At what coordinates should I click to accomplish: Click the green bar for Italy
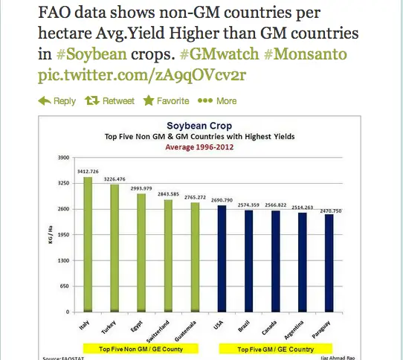88,245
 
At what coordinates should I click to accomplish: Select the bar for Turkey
115,248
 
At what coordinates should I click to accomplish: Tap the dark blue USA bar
222,259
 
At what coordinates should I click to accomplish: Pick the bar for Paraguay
329,263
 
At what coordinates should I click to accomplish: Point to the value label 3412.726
88,172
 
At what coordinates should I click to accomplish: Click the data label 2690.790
222,200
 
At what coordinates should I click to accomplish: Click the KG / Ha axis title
51,234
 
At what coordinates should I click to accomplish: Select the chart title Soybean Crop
199,126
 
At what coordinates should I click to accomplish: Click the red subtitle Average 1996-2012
199,147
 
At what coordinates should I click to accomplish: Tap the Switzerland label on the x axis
158,332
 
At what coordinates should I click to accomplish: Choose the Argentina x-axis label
294,330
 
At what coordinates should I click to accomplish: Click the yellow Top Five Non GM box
141,349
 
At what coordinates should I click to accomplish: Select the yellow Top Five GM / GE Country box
276,349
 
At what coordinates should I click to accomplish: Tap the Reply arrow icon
44,101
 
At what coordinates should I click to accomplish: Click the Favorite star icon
149,100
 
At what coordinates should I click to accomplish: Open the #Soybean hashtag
91,54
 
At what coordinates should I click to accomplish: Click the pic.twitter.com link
142,75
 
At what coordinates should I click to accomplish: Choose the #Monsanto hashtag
306,54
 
